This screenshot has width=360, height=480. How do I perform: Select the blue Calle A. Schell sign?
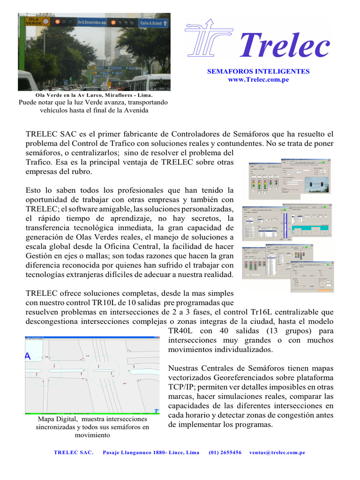pyautogui.click(x=151, y=22)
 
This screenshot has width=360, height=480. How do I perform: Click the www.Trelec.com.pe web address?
pyautogui.click(x=258, y=80)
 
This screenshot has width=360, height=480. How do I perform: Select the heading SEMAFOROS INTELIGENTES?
pyautogui.click(x=258, y=71)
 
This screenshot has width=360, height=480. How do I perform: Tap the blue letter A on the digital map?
pyautogui.click(x=28, y=357)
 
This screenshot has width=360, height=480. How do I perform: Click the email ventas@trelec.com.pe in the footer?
pyautogui.click(x=277, y=452)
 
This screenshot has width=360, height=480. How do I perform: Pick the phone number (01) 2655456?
pyautogui.click(x=225, y=452)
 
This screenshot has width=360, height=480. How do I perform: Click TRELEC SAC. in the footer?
pyautogui.click(x=74, y=452)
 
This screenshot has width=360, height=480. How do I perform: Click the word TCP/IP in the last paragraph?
pyautogui.click(x=181, y=387)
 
